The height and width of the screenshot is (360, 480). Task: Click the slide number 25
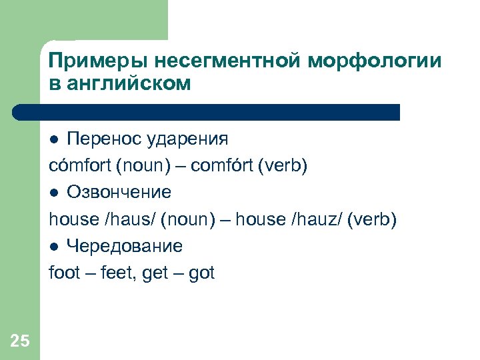click(20, 342)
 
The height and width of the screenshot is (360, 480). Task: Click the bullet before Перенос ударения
click(55, 139)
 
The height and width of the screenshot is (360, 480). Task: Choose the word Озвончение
click(119, 193)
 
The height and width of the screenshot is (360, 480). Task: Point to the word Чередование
click(124, 247)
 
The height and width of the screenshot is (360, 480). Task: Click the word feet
click(116, 273)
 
